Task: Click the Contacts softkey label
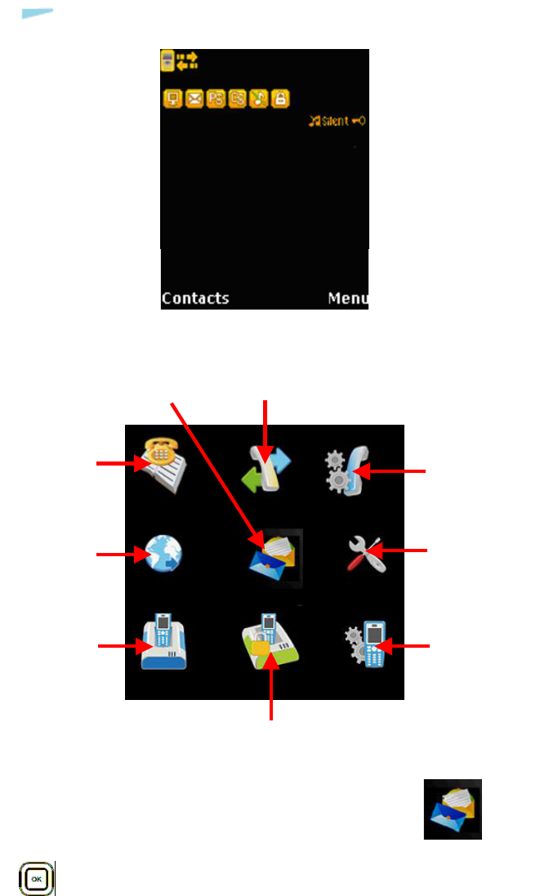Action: click(x=195, y=298)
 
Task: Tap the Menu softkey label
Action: click(x=347, y=298)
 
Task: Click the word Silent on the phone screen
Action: click(x=334, y=121)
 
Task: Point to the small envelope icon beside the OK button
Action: click(x=453, y=809)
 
